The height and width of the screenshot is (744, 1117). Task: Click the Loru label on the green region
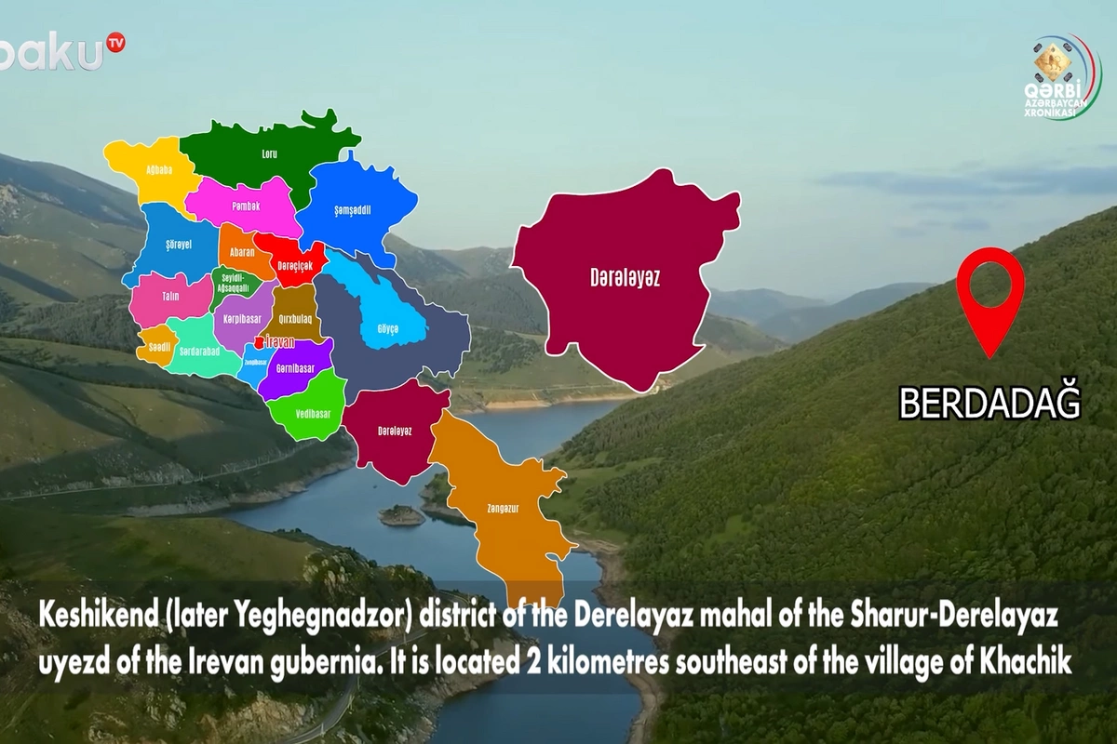point(270,153)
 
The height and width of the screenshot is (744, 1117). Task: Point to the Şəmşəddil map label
point(353,210)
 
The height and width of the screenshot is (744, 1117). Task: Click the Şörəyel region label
point(177,244)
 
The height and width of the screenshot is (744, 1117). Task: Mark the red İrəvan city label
point(279,342)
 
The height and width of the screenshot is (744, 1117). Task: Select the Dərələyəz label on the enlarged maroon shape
point(625,277)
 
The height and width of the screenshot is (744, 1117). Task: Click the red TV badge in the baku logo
point(115,42)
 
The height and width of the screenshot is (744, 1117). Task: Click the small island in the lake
point(402,514)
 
